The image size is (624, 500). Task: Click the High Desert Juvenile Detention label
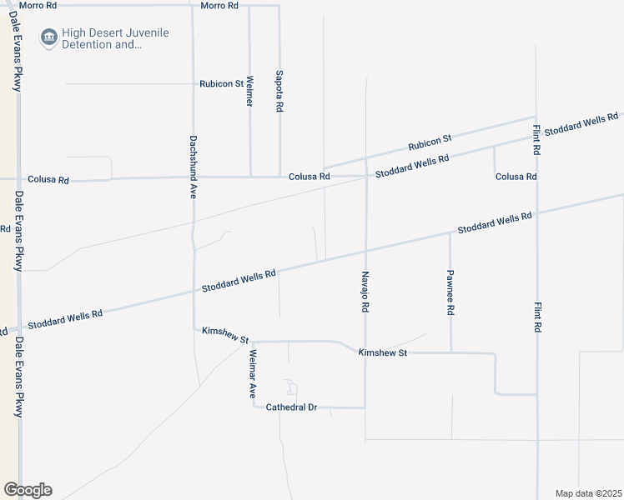click(x=115, y=38)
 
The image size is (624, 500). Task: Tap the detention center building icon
click(x=49, y=37)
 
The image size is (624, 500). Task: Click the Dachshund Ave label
click(x=193, y=167)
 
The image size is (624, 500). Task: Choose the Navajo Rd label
click(x=365, y=291)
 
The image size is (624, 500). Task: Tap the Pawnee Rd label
click(x=450, y=292)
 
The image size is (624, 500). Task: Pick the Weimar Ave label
click(x=253, y=372)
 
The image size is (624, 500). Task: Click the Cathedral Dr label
click(x=292, y=407)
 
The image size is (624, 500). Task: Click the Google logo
click(x=28, y=490)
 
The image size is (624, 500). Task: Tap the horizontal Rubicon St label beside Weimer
click(x=221, y=84)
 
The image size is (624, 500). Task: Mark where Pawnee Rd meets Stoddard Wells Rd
click(x=450, y=232)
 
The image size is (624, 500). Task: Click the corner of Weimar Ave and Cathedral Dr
click(x=253, y=407)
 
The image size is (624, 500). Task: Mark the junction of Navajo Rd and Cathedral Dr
click(x=365, y=407)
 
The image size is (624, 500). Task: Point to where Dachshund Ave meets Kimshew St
click(x=194, y=329)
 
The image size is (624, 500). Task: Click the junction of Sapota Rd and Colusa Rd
click(x=279, y=177)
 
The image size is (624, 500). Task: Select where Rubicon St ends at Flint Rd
click(x=536, y=117)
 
